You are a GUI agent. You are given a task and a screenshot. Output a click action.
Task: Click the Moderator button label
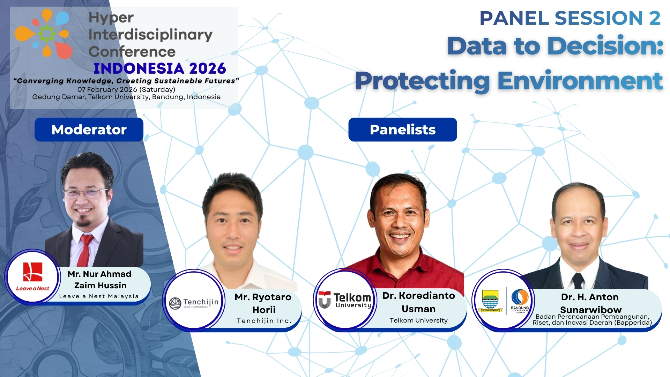click(x=89, y=130)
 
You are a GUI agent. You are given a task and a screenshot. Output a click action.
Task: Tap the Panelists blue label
click(x=402, y=130)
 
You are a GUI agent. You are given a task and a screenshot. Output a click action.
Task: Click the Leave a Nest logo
click(x=32, y=276)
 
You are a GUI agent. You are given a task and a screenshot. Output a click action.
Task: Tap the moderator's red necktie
click(x=84, y=250)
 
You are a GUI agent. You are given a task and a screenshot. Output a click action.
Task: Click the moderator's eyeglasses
click(x=86, y=193)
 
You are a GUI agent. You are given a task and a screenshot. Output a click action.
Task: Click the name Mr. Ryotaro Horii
click(x=263, y=303)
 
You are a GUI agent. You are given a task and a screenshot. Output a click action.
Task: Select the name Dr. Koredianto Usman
click(x=418, y=302)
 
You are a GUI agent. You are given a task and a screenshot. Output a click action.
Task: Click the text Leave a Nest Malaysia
click(x=99, y=296)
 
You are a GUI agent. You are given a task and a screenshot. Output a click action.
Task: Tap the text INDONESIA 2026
click(x=159, y=68)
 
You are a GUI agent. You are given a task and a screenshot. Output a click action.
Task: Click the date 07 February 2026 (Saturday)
click(x=126, y=89)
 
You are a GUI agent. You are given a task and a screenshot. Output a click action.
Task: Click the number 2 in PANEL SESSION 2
click(x=655, y=18)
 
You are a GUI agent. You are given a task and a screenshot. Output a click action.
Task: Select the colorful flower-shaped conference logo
click(x=44, y=34)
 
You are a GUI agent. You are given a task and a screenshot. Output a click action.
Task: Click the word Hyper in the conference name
click(x=111, y=18)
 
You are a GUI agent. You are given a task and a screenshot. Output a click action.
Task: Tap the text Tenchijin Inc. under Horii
click(x=264, y=321)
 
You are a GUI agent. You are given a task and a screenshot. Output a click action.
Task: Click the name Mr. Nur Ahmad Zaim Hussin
click(x=100, y=280)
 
